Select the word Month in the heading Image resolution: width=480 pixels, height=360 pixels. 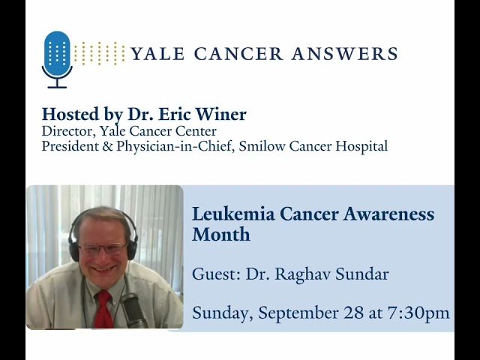[221, 234]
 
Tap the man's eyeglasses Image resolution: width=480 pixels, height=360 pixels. [103, 248]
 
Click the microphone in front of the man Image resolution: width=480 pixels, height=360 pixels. [133, 307]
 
